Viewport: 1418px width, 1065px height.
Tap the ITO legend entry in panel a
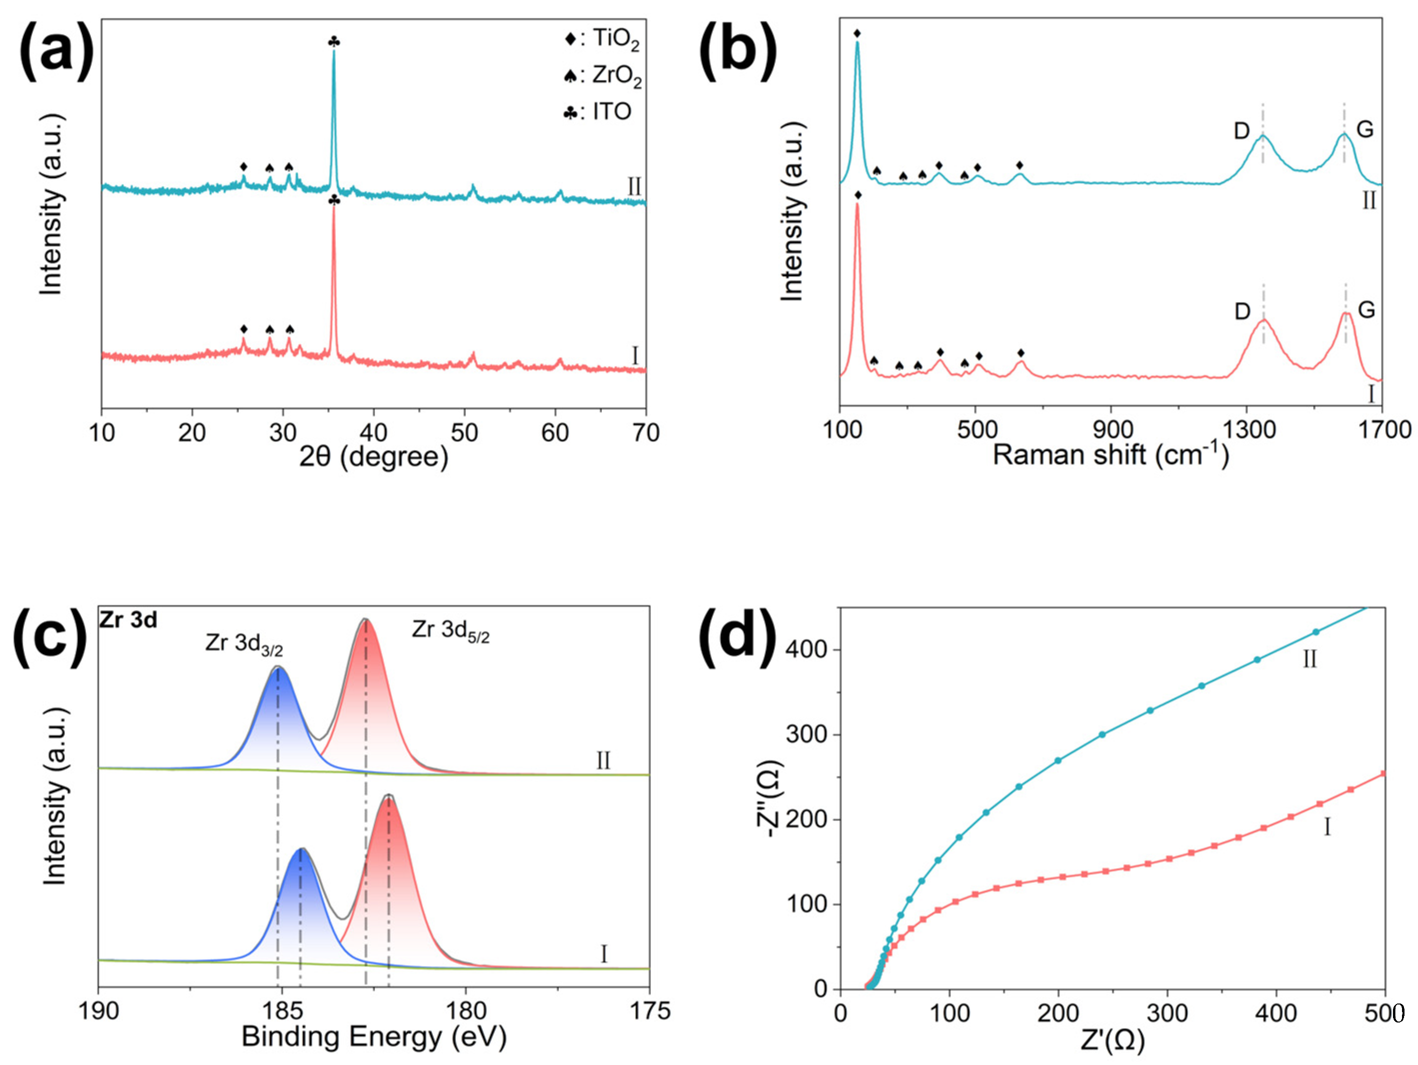click(x=597, y=112)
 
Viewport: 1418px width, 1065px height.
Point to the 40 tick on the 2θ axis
click(x=373, y=433)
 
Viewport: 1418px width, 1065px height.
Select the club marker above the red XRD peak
click(x=333, y=200)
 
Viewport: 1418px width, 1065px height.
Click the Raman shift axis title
click(x=1110, y=454)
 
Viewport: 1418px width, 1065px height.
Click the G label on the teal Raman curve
click(x=1365, y=129)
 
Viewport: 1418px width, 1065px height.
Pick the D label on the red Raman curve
click(x=1243, y=311)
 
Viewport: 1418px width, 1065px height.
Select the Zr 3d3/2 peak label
click(x=244, y=643)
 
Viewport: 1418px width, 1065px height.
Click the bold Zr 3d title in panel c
click(x=128, y=620)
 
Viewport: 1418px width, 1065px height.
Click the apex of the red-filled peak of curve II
click(x=365, y=620)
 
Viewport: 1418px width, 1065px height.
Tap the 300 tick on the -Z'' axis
click(x=810, y=735)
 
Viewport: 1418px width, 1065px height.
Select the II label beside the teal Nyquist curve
click(x=1310, y=659)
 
